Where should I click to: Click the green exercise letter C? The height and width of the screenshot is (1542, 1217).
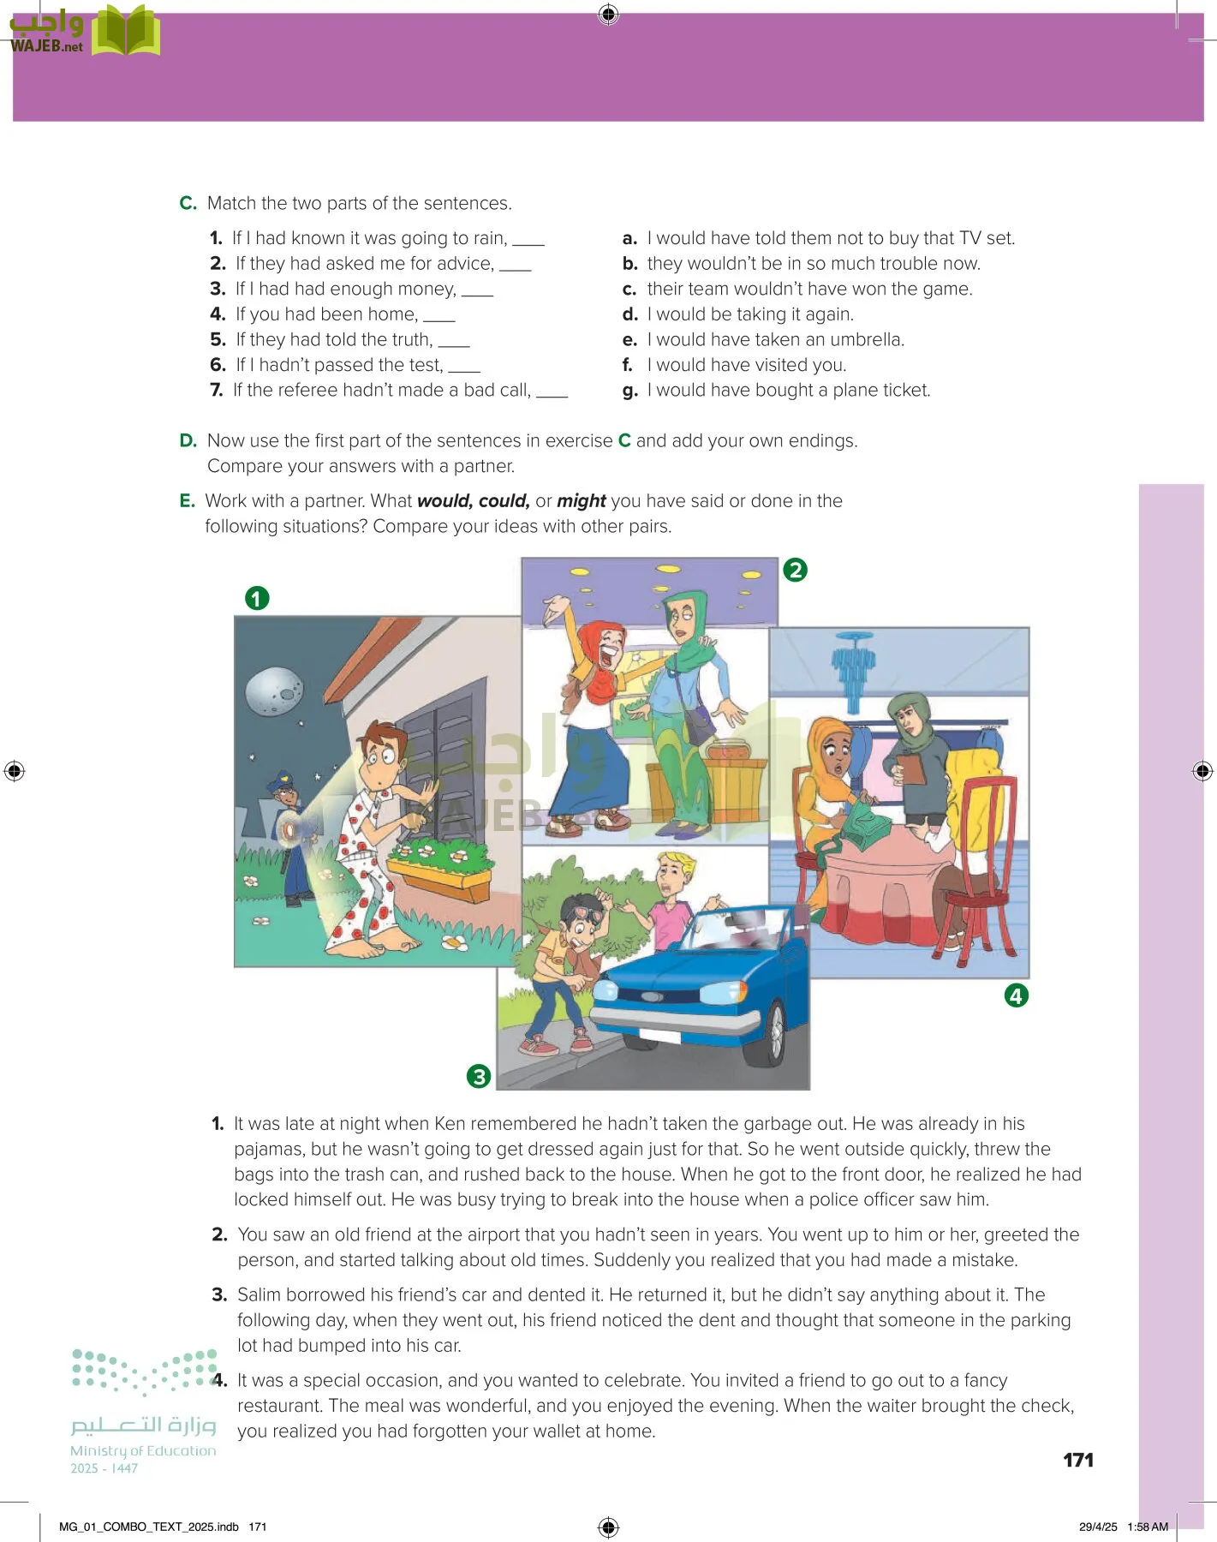[188, 204]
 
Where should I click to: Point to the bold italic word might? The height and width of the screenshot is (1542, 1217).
[582, 501]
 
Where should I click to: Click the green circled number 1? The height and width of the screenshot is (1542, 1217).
[257, 598]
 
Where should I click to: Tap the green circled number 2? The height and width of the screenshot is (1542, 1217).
[795, 570]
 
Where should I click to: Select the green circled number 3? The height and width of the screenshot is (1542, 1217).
[479, 1076]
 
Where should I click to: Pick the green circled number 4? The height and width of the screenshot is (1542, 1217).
[1016, 995]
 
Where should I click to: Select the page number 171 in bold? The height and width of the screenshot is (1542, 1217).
[1077, 1461]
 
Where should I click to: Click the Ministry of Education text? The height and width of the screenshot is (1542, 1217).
[143, 1451]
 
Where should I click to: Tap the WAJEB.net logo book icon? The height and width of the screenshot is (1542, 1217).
[126, 32]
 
